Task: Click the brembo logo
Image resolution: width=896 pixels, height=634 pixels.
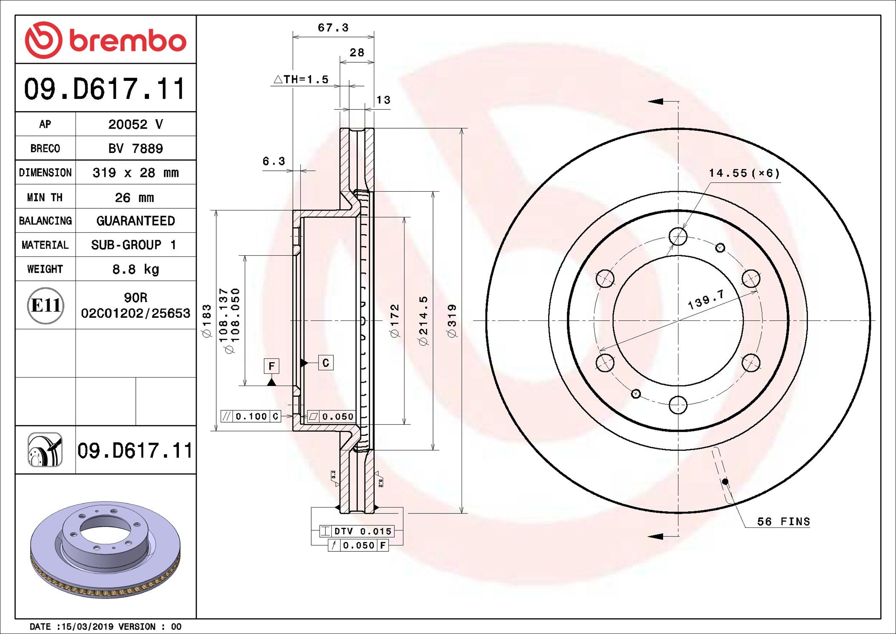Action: pos(105,40)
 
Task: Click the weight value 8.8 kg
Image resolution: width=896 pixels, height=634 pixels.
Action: pos(135,269)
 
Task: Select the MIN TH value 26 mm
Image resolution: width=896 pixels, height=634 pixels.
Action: pos(134,197)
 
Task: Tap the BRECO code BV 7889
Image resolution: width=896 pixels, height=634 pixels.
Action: pos(135,148)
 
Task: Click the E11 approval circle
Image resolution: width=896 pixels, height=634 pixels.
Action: pos(46,305)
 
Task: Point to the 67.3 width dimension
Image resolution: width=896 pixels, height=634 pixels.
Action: pos(333,28)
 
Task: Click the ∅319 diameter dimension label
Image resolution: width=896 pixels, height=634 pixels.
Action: pos(452,320)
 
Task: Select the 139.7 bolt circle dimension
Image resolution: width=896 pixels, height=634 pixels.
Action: pos(706,300)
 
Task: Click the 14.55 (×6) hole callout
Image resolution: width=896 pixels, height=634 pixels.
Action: pos(744,173)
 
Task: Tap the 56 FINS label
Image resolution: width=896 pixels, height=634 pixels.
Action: pos(783,522)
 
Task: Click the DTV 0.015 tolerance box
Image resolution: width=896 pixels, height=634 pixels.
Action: pos(357,531)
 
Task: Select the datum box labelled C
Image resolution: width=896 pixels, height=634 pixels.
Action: pos(326,363)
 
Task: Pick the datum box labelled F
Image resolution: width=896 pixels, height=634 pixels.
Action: pos(271,366)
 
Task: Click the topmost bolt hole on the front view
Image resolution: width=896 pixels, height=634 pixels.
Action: pos(678,236)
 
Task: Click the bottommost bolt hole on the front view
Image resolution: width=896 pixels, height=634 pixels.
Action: pos(678,405)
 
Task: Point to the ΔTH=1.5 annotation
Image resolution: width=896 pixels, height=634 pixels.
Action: pos(301,79)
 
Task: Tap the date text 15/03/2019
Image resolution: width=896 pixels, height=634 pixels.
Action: pos(87,626)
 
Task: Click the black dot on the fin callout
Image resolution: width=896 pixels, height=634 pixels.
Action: pos(725,481)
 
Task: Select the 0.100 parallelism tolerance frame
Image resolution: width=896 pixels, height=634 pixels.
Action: pos(251,416)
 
